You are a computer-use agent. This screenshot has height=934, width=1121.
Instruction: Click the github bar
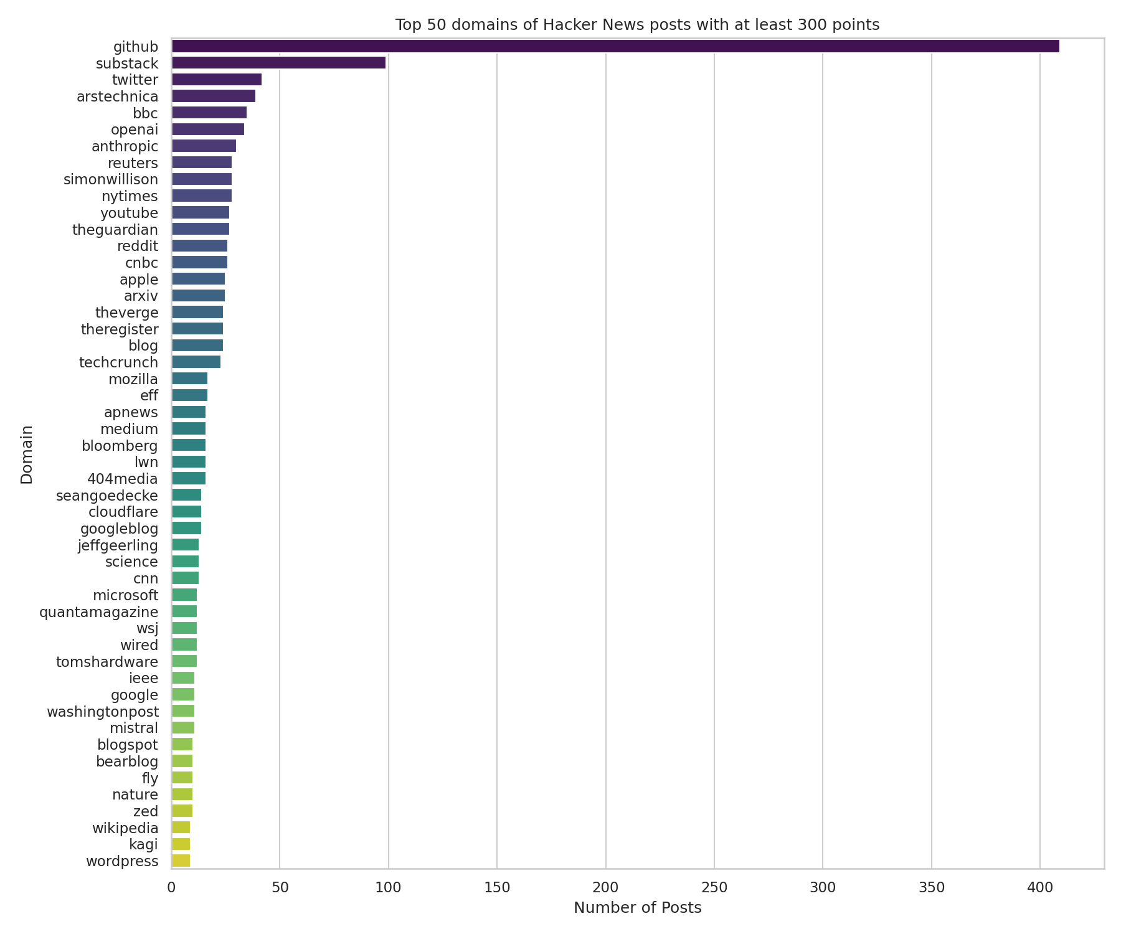click(615, 46)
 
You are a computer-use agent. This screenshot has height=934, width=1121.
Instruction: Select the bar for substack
click(278, 63)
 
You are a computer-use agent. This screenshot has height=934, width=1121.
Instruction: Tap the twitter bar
click(216, 80)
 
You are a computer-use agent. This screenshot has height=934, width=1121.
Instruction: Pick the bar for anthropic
click(204, 146)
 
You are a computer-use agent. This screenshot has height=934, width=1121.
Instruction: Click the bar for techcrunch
click(196, 362)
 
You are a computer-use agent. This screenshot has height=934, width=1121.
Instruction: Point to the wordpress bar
click(181, 861)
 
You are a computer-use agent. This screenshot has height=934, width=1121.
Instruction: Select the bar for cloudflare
click(186, 512)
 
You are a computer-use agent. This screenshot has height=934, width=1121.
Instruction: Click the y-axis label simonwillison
click(111, 179)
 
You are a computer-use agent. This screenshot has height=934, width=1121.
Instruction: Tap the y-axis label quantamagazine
click(98, 611)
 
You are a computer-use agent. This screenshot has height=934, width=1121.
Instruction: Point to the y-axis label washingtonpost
click(103, 711)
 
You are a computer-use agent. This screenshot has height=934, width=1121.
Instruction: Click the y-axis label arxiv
click(141, 295)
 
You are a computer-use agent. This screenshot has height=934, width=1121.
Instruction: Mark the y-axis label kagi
click(143, 844)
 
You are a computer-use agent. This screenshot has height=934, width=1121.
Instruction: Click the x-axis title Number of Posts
click(637, 908)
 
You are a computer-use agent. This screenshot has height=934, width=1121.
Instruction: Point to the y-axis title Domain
click(27, 454)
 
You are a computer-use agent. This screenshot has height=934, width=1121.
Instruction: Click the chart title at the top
click(637, 25)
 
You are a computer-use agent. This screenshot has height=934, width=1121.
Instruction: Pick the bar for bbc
click(209, 113)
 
